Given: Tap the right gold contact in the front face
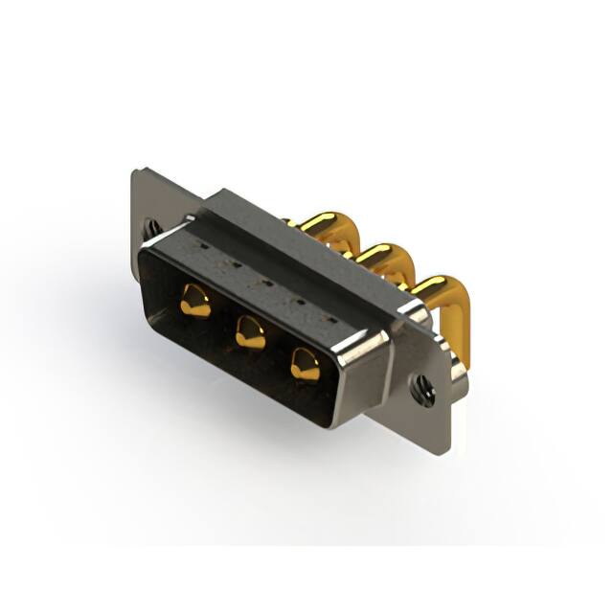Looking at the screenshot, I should coord(306,364).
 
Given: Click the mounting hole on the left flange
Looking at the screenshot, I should coord(152,228).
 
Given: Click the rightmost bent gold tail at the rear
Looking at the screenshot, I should coord(434,289).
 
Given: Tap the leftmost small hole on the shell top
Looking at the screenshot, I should coord(205,246).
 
